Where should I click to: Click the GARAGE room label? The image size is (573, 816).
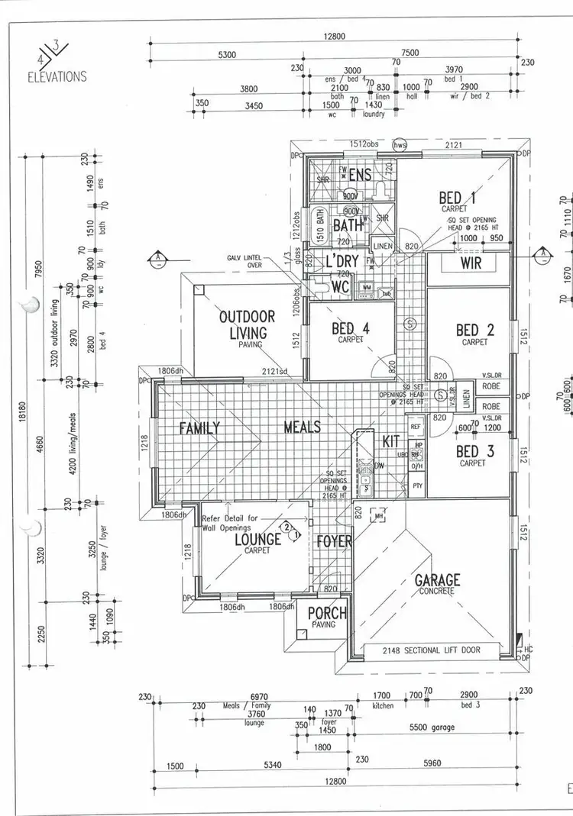(x=438, y=580)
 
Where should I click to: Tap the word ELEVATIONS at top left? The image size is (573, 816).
(x=57, y=76)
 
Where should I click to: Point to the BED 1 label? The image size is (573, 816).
(x=458, y=198)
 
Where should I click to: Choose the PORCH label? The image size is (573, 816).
(x=327, y=613)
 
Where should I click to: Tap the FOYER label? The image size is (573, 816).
(x=334, y=542)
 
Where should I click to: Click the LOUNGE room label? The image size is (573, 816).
(x=258, y=539)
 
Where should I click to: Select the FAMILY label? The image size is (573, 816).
(x=200, y=427)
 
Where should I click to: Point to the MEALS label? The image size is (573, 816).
(x=302, y=427)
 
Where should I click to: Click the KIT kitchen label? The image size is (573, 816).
(x=390, y=441)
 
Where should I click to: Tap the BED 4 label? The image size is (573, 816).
(x=351, y=329)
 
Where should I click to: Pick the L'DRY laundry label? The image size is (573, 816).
(x=343, y=261)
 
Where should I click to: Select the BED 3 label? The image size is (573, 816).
(x=474, y=451)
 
